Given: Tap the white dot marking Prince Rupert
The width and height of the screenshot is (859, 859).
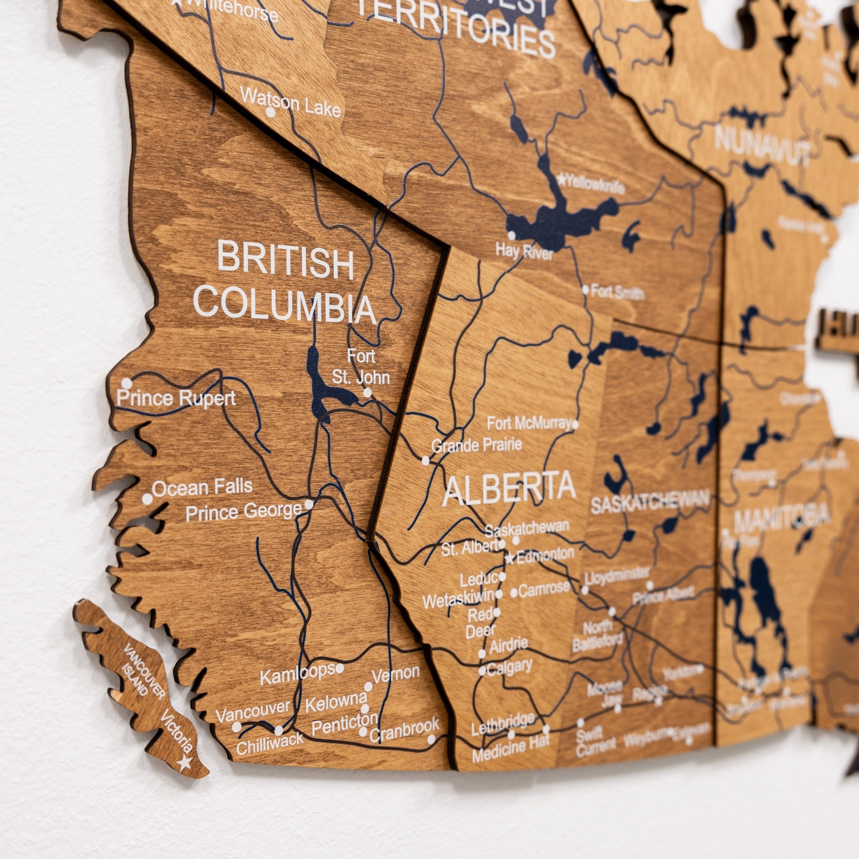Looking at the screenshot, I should click(x=127, y=383).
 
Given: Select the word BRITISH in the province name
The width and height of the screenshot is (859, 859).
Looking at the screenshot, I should click(x=286, y=260).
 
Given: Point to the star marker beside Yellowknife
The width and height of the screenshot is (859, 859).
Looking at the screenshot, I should click(x=561, y=180).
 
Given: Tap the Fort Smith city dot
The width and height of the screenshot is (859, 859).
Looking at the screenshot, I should click(x=585, y=290).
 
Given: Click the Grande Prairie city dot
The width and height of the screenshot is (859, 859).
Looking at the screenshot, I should click(x=426, y=460).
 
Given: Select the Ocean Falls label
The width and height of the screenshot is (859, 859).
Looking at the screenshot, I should click(x=202, y=487).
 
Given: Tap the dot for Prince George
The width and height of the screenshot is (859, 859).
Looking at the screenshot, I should click(x=309, y=504).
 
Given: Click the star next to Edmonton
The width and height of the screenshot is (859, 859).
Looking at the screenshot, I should click(x=509, y=559).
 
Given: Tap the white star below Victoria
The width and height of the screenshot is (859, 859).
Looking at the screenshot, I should click(x=184, y=763).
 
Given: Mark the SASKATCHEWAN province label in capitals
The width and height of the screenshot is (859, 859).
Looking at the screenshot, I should click(x=649, y=503).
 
